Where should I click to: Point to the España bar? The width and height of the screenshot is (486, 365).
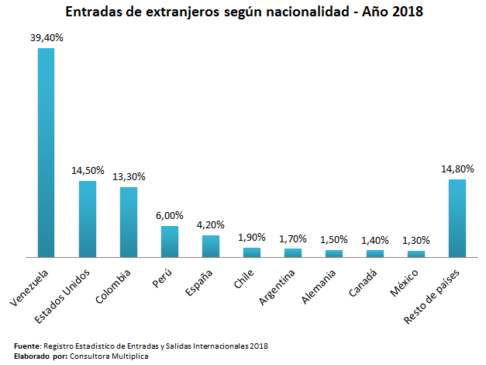coord(211,245)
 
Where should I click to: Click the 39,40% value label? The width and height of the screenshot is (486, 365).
coord(47,36)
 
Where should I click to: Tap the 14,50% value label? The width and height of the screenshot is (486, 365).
coord(88,169)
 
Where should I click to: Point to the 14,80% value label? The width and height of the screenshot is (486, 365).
coord(457,168)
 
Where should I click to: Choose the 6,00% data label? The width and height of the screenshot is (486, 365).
coord(170,214)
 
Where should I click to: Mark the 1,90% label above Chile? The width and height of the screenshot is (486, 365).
coord(252,237)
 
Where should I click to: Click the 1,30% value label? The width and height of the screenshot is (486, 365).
coord(416,240)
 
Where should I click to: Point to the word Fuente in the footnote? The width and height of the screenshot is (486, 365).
coord(28,346)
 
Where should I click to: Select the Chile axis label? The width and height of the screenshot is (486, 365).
coord(244,280)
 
